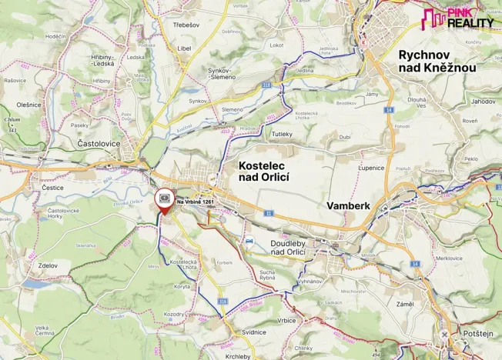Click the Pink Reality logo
click(459, 18)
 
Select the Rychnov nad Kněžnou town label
click(437, 61)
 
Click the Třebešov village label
click(186, 25)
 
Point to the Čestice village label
click(52, 187)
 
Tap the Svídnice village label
click(233, 332)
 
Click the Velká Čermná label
click(47, 330)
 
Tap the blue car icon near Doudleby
click(249, 241)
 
